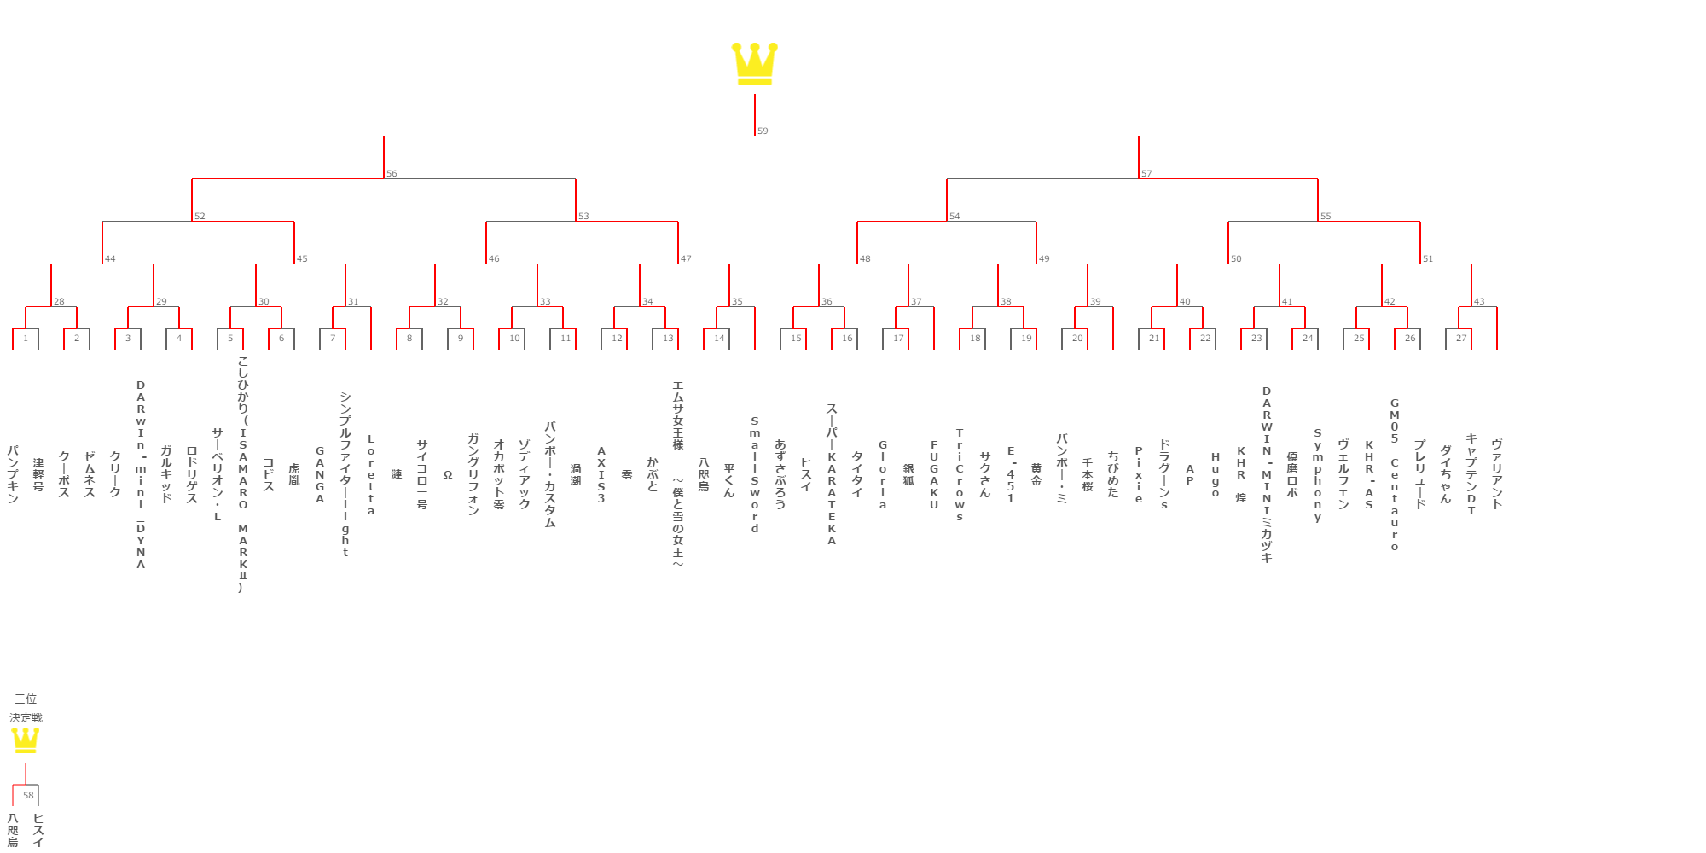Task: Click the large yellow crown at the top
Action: tap(755, 64)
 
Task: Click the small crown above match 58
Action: tap(26, 740)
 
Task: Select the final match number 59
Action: tap(763, 131)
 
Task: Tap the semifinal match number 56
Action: tap(392, 174)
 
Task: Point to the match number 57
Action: tap(1146, 174)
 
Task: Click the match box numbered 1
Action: tap(26, 339)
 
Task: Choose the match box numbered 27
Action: tap(1461, 339)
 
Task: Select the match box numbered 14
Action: tap(719, 339)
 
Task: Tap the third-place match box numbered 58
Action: tap(28, 796)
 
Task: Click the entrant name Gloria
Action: tap(883, 475)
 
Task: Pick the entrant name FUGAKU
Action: tap(934, 475)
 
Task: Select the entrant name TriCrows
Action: tap(960, 475)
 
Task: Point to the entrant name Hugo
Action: tap(1216, 475)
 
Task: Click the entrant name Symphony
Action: tap(1318, 475)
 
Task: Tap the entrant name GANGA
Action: tap(320, 475)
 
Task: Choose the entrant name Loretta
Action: tap(371, 475)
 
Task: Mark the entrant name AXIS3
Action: tap(601, 475)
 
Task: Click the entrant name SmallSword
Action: tap(755, 475)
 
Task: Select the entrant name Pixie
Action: tap(1139, 475)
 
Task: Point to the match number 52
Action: tap(200, 217)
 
